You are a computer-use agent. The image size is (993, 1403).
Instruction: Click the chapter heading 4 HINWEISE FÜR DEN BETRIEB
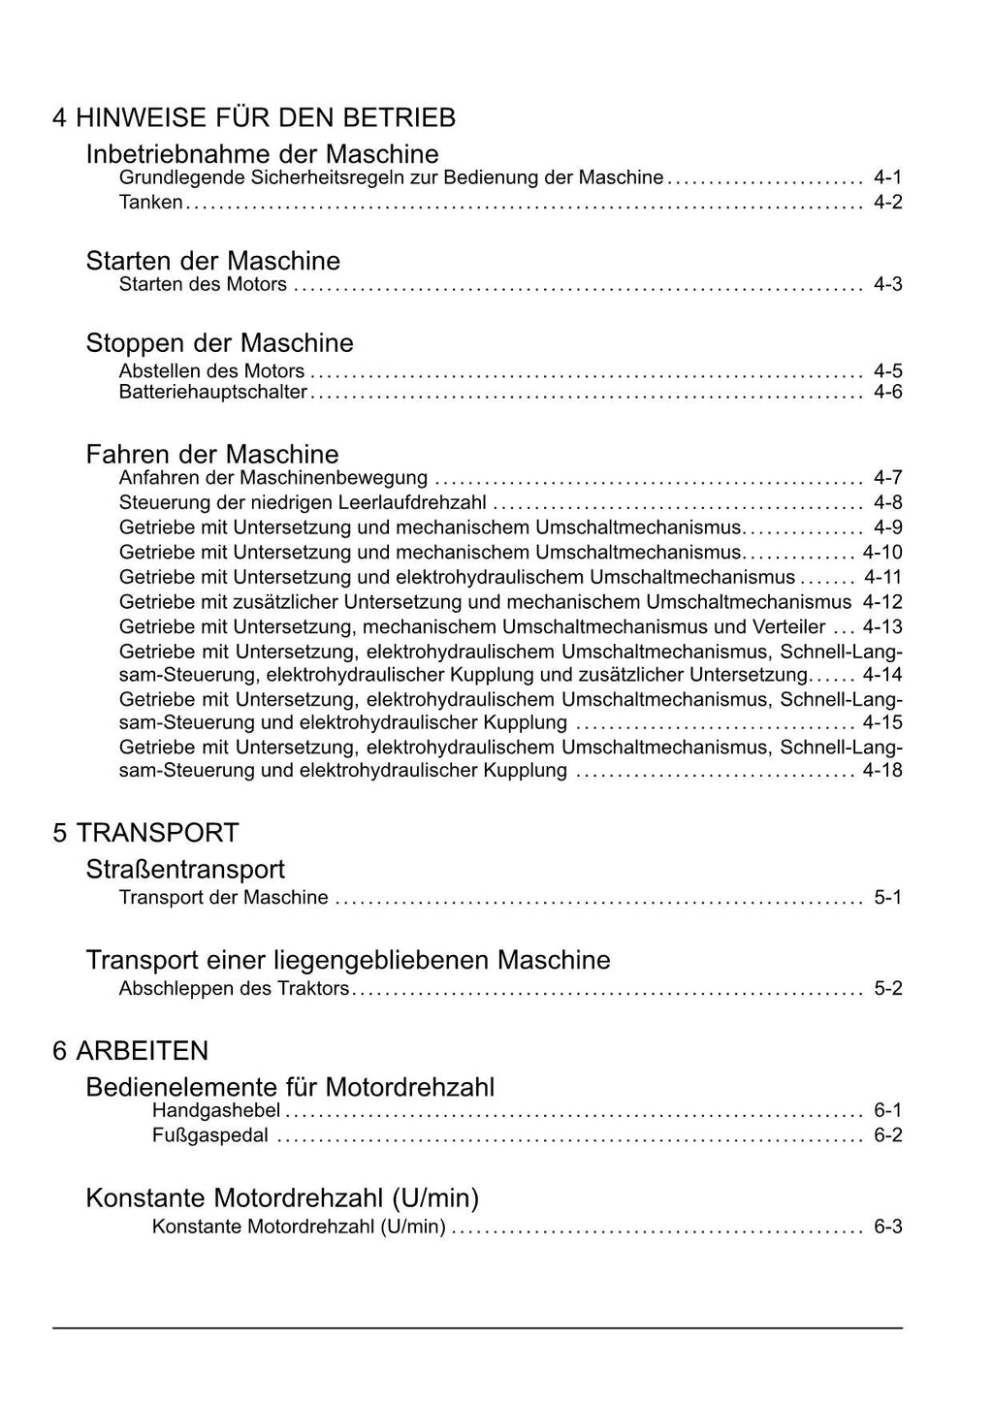(x=254, y=118)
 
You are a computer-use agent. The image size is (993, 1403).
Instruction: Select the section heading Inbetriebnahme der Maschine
(x=262, y=154)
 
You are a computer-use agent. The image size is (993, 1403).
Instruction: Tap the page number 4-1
(x=887, y=177)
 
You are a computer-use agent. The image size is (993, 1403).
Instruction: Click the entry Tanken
(x=150, y=203)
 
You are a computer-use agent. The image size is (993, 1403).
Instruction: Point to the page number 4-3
(x=887, y=284)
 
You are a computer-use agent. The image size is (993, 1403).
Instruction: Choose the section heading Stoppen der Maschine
(x=219, y=343)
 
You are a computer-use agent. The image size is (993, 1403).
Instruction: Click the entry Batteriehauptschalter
(x=212, y=393)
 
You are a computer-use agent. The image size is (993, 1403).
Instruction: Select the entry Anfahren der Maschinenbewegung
(x=272, y=478)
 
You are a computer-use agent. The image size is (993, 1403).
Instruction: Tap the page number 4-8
(x=887, y=502)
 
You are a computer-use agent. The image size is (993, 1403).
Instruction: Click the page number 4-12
(x=882, y=602)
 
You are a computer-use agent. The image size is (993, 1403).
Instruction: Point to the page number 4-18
(x=882, y=771)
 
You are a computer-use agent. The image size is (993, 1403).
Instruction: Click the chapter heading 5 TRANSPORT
(x=145, y=833)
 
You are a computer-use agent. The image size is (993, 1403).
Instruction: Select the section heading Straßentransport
(x=185, y=870)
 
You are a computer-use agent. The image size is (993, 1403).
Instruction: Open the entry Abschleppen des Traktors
(x=233, y=989)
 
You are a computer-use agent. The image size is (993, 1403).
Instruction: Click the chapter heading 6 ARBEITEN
(x=131, y=1051)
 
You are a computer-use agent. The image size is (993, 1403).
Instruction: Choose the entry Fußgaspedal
(x=209, y=1135)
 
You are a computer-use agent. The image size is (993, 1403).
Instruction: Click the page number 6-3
(x=887, y=1227)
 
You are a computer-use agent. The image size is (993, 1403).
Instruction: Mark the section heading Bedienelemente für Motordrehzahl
(x=290, y=1087)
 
